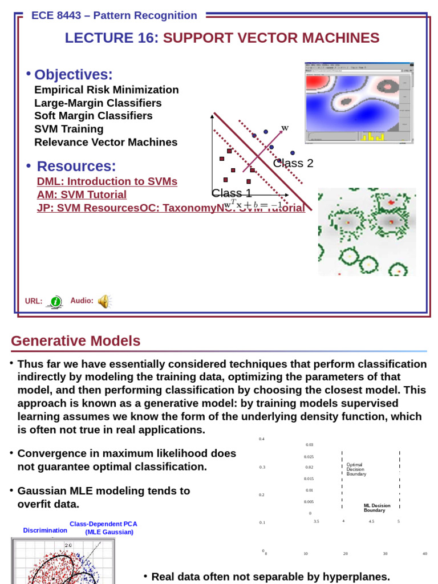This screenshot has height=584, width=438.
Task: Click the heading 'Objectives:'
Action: [x=74, y=75]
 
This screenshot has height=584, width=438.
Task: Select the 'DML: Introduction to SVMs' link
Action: [x=107, y=181]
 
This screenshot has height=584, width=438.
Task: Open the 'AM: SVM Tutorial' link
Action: [x=82, y=194]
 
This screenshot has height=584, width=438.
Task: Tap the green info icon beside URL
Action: [x=55, y=302]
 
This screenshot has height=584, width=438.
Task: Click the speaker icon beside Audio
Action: [x=104, y=301]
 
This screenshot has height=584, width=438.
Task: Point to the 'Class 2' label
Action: [x=293, y=163]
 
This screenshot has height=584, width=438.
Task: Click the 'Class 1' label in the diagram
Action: [x=232, y=193]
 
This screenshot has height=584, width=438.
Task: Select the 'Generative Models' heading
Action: [x=75, y=341]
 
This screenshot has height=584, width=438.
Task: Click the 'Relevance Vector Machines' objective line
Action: [x=106, y=142]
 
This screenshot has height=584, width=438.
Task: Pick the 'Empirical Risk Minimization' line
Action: [x=106, y=90]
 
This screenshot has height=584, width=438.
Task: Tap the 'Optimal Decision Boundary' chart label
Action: [x=357, y=469]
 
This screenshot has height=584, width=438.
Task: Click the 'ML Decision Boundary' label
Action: [x=377, y=508]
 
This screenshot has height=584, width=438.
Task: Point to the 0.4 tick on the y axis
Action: [x=262, y=439]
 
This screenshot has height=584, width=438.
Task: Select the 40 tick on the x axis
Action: [x=424, y=553]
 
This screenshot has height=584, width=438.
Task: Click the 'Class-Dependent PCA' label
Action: [x=103, y=524]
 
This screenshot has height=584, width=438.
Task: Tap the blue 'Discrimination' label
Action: [x=45, y=530]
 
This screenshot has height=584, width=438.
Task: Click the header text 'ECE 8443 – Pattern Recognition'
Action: [x=114, y=15]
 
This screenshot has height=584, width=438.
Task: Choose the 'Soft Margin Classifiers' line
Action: [x=94, y=116]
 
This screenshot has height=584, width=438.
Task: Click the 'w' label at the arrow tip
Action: [x=285, y=128]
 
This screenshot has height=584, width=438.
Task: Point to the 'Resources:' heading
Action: [x=76, y=167]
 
